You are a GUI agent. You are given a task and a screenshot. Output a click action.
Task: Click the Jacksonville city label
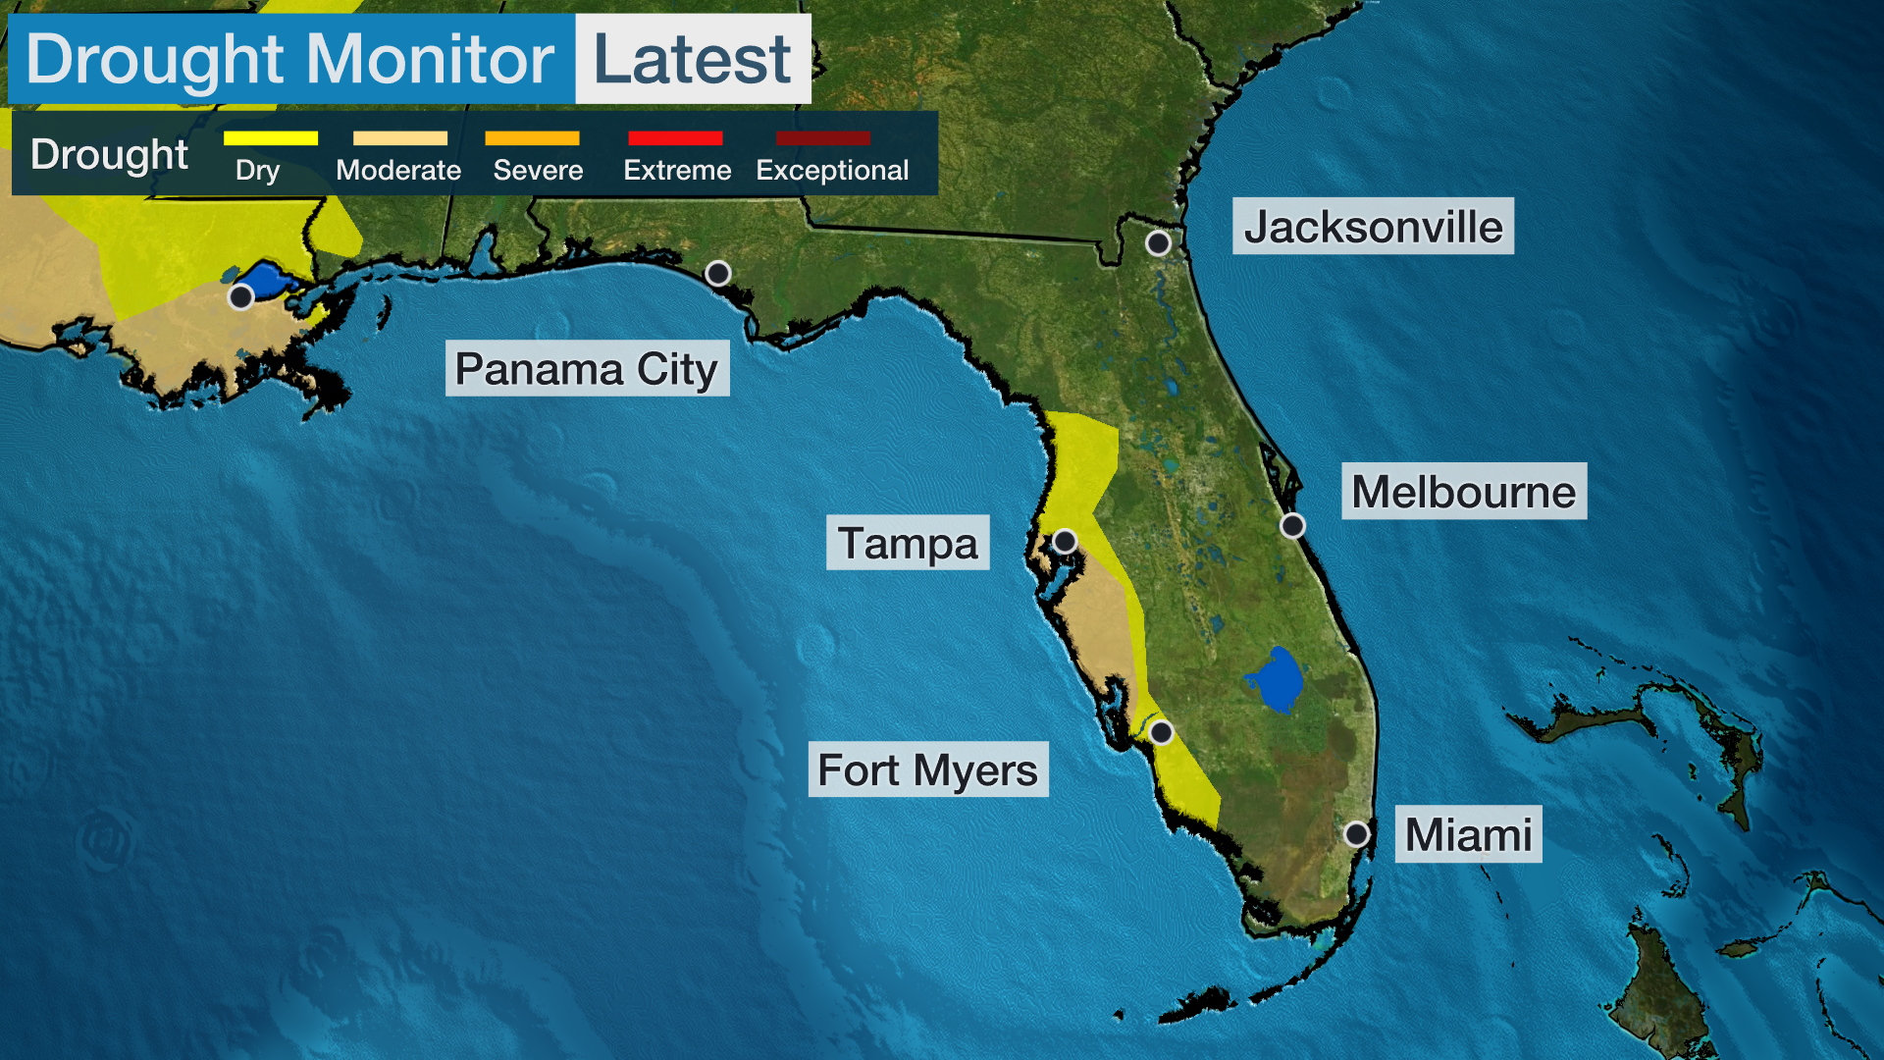pyautogui.click(x=1373, y=227)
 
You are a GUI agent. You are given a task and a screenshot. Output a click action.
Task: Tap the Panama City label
pyautogui.click(x=587, y=369)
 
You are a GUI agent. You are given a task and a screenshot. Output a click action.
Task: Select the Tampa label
pyautogui.click(x=908, y=543)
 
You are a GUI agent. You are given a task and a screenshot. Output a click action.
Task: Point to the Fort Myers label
pyautogui.click(x=927, y=769)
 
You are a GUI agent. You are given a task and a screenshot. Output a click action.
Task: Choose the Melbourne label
pyautogui.click(x=1463, y=491)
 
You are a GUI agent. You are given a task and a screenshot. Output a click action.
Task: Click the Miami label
pyautogui.click(x=1468, y=834)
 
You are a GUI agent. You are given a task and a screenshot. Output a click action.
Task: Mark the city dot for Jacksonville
pyautogui.click(x=1158, y=242)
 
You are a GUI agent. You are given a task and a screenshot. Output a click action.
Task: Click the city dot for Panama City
pyautogui.click(x=718, y=273)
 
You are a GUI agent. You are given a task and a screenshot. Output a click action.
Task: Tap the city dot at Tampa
pyautogui.click(x=1065, y=541)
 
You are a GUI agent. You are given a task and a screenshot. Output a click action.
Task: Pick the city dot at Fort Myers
pyautogui.click(x=1161, y=732)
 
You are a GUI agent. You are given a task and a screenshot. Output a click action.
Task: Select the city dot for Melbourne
pyautogui.click(x=1293, y=526)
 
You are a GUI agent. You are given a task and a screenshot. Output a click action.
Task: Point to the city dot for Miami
pyautogui.click(x=1357, y=834)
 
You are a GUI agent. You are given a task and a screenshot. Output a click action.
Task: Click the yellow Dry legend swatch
pyautogui.click(x=271, y=138)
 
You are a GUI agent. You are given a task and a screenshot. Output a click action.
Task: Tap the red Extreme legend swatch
pyautogui.click(x=675, y=138)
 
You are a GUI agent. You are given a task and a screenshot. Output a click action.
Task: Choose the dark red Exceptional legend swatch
pyautogui.click(x=823, y=138)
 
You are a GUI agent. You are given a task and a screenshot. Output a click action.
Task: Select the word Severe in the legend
pyautogui.click(x=538, y=171)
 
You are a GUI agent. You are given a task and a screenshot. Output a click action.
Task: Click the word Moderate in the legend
pyautogui.click(x=398, y=171)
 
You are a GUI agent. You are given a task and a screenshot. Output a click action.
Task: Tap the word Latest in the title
pyautogui.click(x=692, y=59)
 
